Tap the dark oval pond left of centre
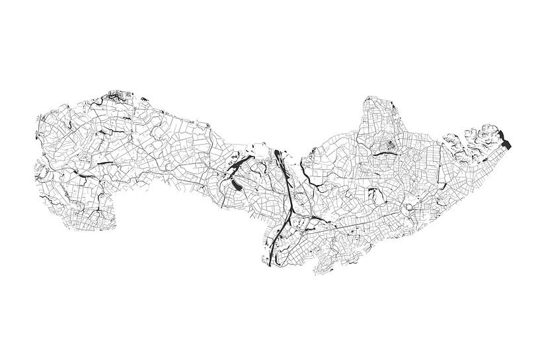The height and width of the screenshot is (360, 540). [236, 186]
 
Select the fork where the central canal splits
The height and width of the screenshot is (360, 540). [289, 210]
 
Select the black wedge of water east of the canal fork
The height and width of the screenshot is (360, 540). [302, 215]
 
